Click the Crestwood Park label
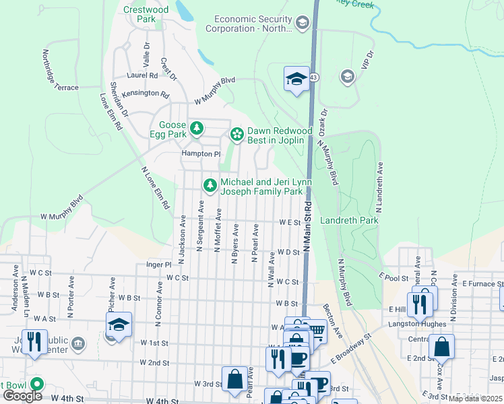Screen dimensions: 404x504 [x=146, y=14]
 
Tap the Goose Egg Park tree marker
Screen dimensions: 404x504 [x=196, y=127]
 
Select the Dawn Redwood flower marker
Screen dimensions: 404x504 [x=237, y=135]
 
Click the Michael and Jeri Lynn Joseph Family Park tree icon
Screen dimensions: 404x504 [x=210, y=184]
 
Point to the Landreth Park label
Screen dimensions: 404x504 [x=349, y=220]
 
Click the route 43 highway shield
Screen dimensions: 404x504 [x=314, y=78]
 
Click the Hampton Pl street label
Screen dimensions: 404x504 [x=200, y=154]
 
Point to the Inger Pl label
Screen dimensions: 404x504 [x=159, y=265]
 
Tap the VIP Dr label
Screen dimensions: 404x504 [x=367, y=62]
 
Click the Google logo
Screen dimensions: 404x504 [x=22, y=396]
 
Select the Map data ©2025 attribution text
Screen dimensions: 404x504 [x=476, y=399]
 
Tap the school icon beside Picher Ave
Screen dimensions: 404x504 [x=118, y=326]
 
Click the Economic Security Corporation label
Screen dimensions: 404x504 [x=253, y=24]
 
